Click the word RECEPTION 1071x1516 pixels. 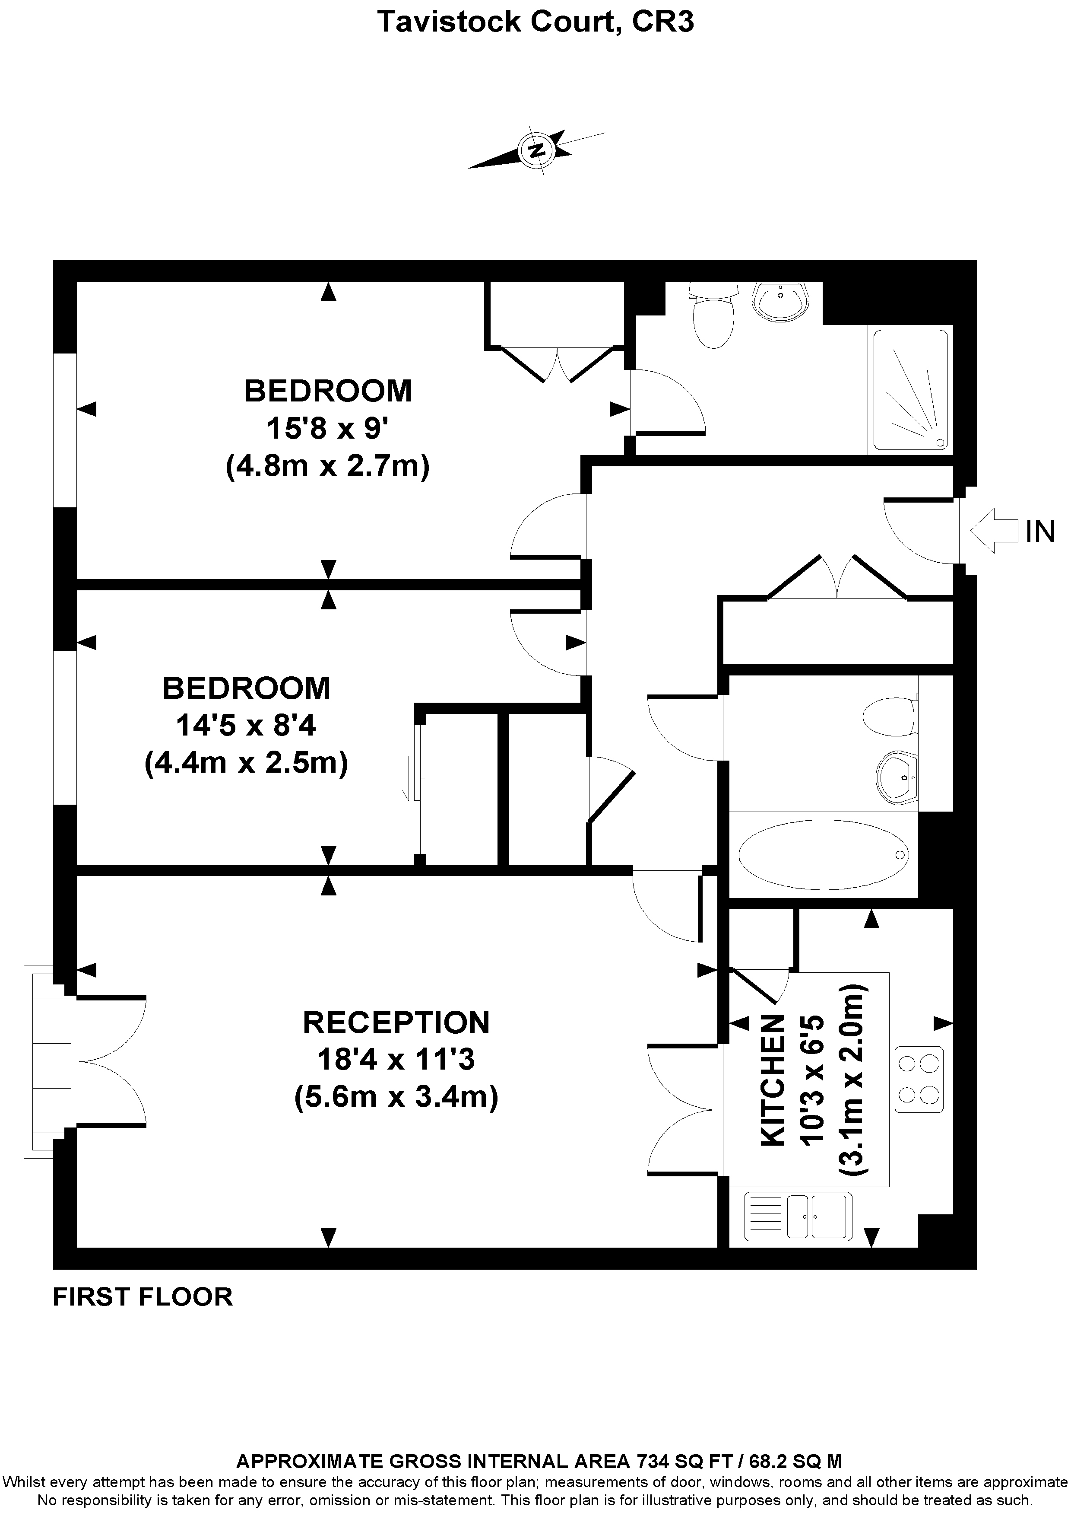point(396,1023)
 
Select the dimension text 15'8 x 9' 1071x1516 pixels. point(327,429)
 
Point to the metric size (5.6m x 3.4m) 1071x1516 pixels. point(396,1097)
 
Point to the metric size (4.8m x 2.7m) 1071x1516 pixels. point(327,466)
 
